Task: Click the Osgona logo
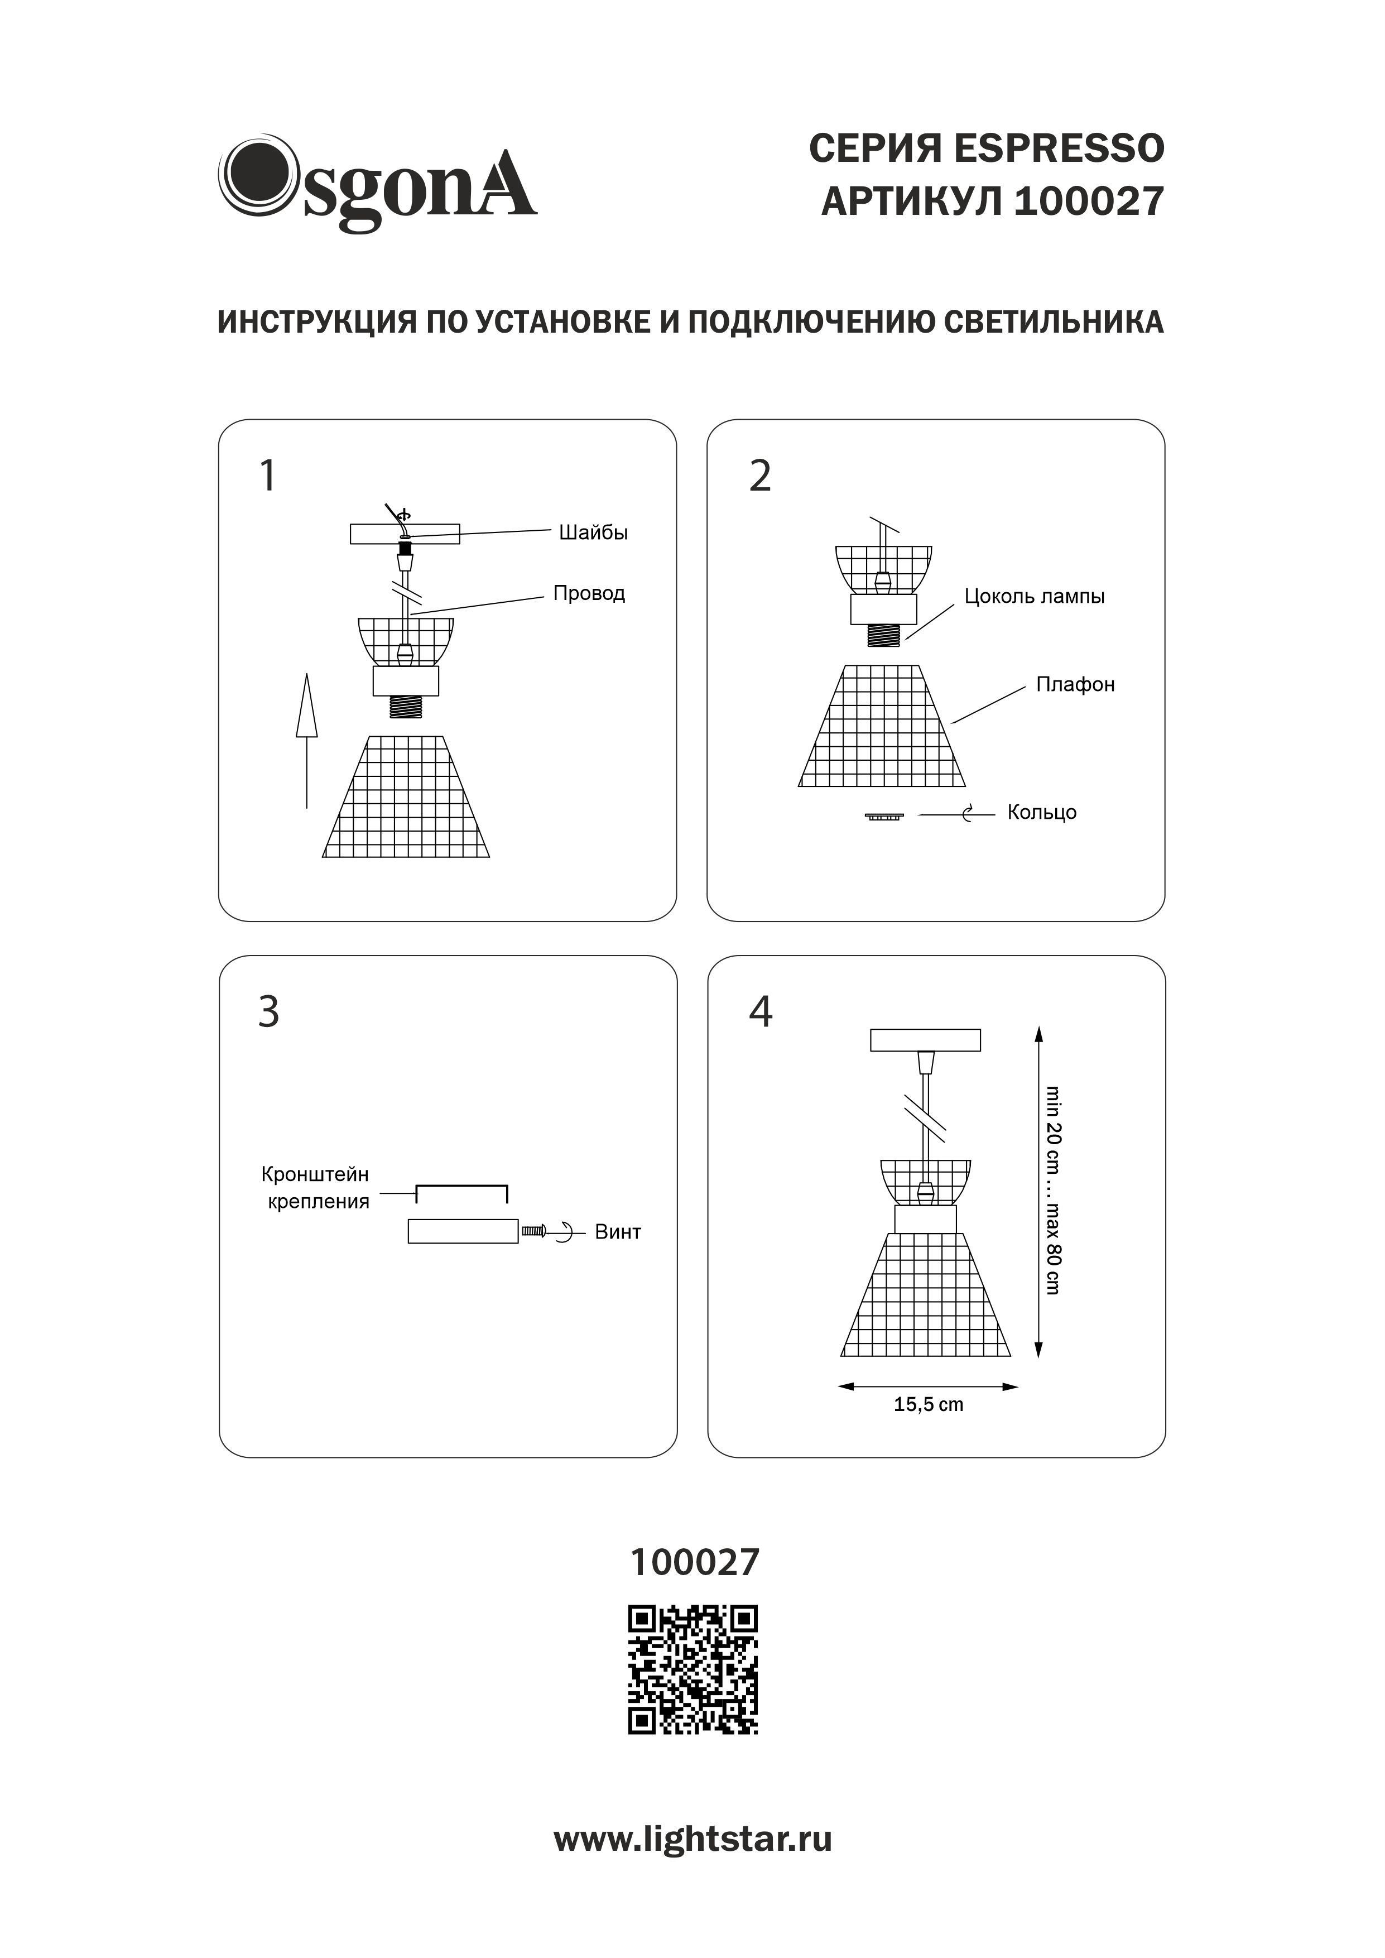378,183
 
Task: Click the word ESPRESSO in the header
1057,149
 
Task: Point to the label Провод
589,593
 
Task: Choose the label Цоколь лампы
1033,597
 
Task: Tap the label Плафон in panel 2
1075,685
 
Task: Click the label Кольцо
1041,813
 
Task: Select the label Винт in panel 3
618,1232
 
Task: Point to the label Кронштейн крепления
315,1188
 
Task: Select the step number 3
268,1012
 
